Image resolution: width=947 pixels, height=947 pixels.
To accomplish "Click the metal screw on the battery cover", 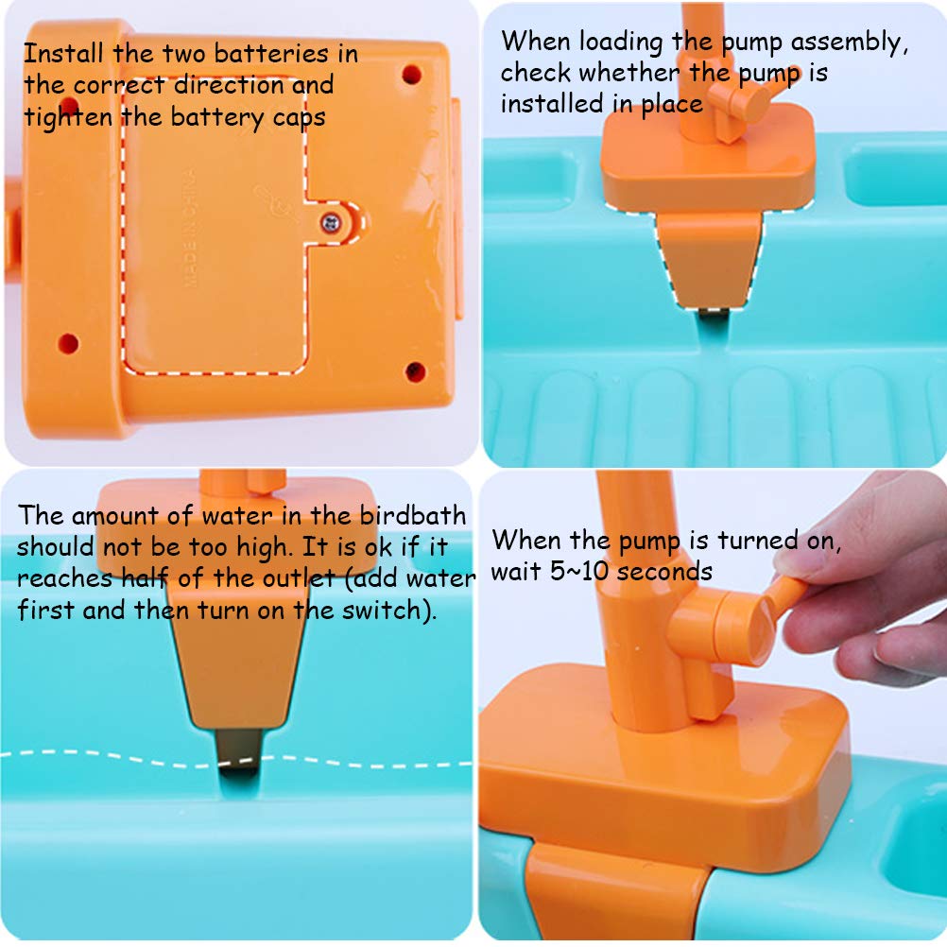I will pos(331,223).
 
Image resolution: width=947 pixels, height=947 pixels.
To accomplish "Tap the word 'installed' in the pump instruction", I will pos(552,103).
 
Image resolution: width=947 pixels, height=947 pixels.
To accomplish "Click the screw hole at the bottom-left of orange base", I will pos(67,341).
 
